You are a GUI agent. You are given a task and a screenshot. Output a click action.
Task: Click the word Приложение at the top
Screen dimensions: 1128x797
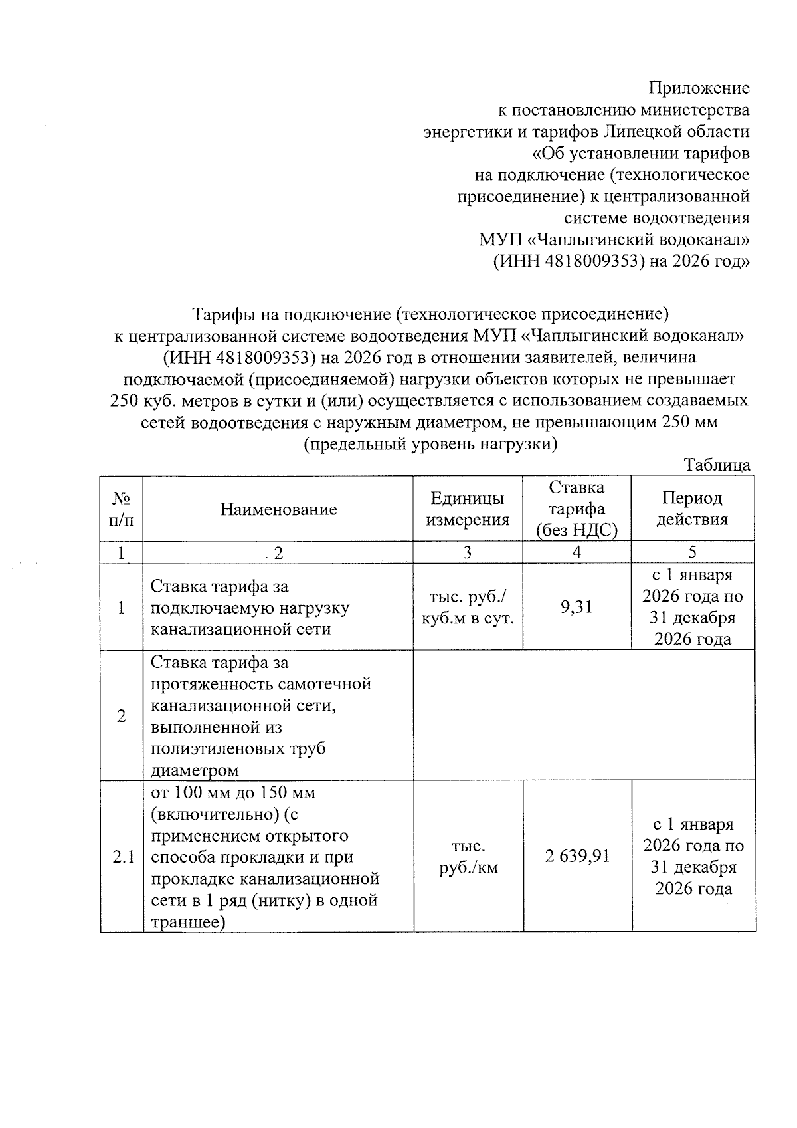(699, 88)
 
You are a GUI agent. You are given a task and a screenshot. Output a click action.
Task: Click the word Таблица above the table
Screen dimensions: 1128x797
(717, 465)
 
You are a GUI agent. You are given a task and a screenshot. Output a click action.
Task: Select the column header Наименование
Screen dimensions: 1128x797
(278, 509)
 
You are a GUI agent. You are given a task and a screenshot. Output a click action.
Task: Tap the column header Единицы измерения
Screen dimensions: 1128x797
(467, 509)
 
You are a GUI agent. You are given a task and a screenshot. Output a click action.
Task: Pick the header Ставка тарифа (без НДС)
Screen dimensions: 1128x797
(576, 509)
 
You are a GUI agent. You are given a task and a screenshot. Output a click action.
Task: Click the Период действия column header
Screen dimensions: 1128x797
(692, 509)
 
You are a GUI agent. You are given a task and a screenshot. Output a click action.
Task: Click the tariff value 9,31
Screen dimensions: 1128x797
(576, 606)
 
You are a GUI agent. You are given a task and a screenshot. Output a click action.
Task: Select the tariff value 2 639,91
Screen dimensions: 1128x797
(576, 856)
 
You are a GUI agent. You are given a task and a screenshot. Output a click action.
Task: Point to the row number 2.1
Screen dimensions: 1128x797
(123, 857)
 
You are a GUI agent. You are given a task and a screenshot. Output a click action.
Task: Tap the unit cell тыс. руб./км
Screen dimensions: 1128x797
(468, 857)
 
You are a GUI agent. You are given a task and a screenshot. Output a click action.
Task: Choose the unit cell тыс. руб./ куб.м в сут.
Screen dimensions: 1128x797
(468, 608)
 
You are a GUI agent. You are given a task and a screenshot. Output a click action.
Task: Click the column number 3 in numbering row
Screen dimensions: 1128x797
(468, 552)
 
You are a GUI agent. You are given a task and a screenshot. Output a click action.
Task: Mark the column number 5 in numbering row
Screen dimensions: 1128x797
(692, 552)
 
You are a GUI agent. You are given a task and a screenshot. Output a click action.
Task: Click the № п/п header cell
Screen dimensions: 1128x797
(121, 509)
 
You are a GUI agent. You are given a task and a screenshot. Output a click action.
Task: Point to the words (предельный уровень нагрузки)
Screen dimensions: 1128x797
(430, 444)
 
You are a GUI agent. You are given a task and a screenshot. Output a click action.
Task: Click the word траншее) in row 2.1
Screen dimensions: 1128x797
(188, 922)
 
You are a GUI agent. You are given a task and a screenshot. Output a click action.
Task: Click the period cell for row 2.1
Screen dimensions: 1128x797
(693, 856)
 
